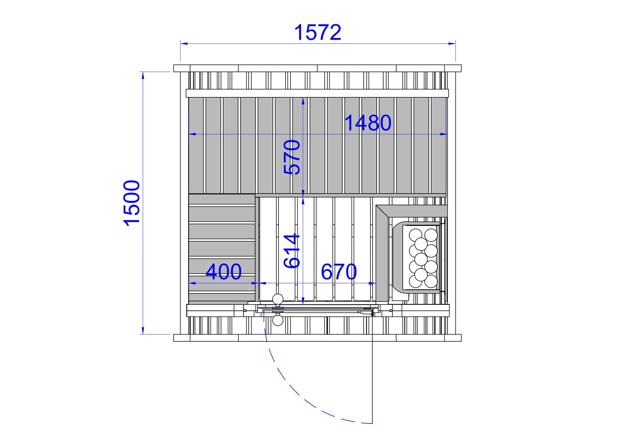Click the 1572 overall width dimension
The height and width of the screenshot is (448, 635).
pos(318,33)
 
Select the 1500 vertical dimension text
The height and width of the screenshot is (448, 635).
pos(132,203)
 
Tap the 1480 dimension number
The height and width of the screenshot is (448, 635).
pos(368,123)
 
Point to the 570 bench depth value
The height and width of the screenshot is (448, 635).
pos(292,157)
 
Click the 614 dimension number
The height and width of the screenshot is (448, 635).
pos(292,251)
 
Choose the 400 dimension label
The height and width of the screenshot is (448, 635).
pos(224,272)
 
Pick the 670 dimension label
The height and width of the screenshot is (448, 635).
pos(339,272)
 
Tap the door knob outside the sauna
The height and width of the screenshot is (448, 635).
pos(278,320)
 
